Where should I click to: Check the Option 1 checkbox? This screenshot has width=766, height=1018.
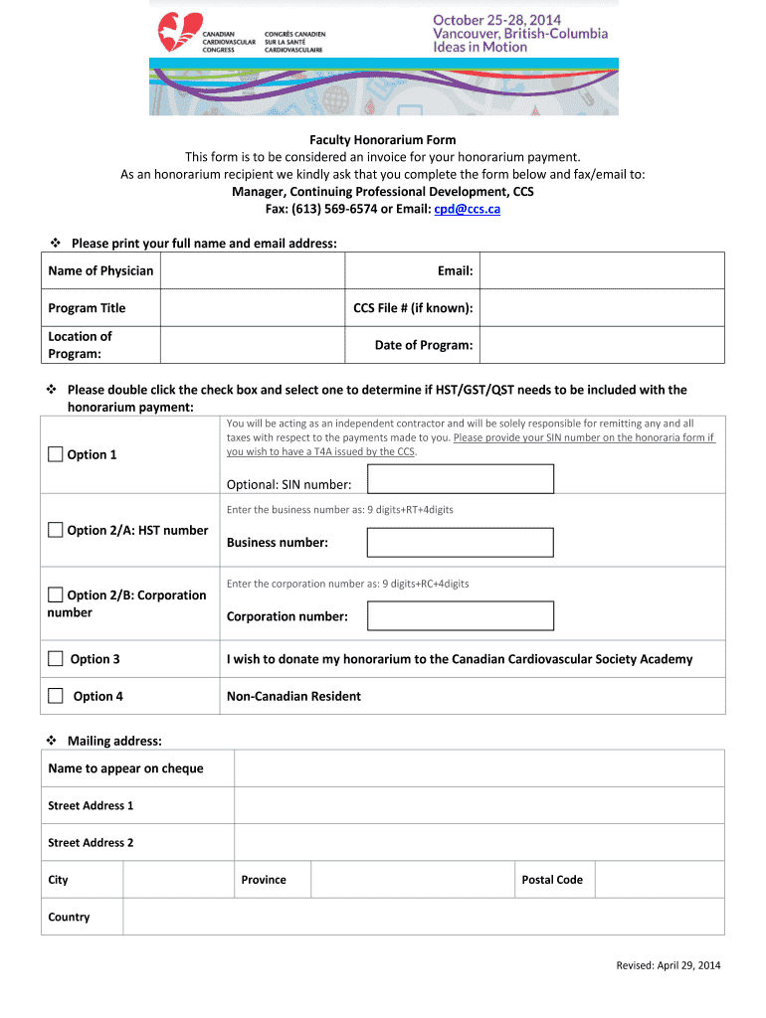(x=56, y=455)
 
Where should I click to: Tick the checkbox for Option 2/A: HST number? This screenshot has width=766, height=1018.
(x=56, y=530)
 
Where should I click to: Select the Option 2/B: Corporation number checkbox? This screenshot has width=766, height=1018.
(x=56, y=595)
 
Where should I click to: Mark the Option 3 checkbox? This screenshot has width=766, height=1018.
(x=56, y=658)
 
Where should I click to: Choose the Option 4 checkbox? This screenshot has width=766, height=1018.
(x=56, y=696)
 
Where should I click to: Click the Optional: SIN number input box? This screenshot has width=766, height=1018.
(x=460, y=480)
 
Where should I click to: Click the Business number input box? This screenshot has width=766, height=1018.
(x=460, y=542)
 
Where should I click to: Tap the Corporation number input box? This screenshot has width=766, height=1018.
(x=460, y=616)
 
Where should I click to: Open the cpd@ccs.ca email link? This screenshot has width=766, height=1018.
(x=467, y=209)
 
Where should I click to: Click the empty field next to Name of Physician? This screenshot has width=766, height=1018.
(x=251, y=270)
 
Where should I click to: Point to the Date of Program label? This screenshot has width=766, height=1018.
(x=423, y=345)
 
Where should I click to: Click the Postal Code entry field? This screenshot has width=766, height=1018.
(x=660, y=880)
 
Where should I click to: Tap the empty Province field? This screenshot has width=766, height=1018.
(x=413, y=880)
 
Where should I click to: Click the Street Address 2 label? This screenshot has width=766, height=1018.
(x=91, y=843)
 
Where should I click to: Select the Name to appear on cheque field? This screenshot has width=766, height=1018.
(x=479, y=768)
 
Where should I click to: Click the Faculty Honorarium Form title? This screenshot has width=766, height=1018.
(x=382, y=140)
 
